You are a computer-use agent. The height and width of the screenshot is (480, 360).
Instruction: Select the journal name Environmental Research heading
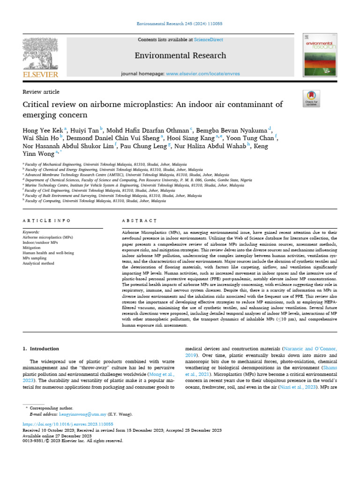[180, 56]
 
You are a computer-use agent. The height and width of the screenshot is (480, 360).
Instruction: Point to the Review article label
[41, 92]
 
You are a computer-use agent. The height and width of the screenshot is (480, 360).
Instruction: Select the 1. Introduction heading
[41, 349]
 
